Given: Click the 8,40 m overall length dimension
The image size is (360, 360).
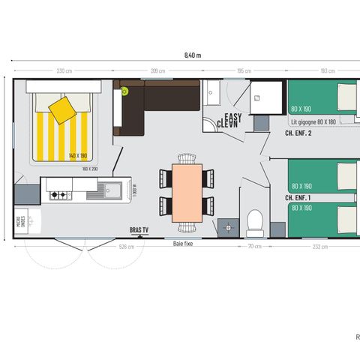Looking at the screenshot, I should click(193, 55).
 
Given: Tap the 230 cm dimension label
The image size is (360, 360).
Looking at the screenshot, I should click(64, 71).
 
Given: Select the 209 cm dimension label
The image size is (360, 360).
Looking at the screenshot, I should click(157, 71).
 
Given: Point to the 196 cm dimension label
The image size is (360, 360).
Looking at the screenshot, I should click(244, 71).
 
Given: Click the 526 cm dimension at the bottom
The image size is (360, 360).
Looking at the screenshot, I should click(127, 245).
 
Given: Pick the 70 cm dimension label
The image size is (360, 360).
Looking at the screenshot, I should click(255, 245).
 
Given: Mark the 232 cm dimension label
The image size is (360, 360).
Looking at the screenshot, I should click(319, 245).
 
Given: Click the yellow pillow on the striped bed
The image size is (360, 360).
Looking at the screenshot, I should click(62, 109).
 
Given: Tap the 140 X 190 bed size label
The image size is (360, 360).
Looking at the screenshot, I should click(78, 155).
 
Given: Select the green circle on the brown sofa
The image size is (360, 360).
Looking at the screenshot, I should click(125, 91).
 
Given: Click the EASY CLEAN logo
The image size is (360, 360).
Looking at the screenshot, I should click(229, 120).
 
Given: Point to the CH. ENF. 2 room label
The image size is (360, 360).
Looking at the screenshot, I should click(298, 133).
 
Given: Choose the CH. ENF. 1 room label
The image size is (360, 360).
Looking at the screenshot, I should click(298, 197).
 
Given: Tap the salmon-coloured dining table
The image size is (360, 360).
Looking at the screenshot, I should click(187, 192).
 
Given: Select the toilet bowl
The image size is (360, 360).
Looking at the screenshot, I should click(255, 222).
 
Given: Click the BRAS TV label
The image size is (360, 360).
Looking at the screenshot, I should click(139, 230).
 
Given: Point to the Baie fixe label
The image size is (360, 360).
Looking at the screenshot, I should click(184, 243).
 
